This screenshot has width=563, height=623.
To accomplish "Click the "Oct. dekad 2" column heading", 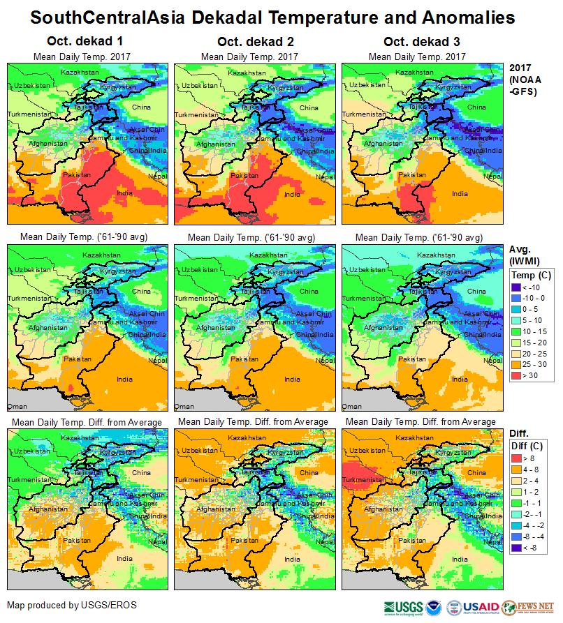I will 251,41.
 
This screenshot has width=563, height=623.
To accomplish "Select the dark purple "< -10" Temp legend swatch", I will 518,287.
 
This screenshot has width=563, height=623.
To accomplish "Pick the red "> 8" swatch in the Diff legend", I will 518,458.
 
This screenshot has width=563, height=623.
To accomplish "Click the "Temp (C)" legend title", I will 531,276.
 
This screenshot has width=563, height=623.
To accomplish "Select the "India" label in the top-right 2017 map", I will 460,193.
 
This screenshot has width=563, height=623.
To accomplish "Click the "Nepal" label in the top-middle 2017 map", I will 326,177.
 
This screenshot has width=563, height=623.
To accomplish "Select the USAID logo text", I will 481,606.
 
